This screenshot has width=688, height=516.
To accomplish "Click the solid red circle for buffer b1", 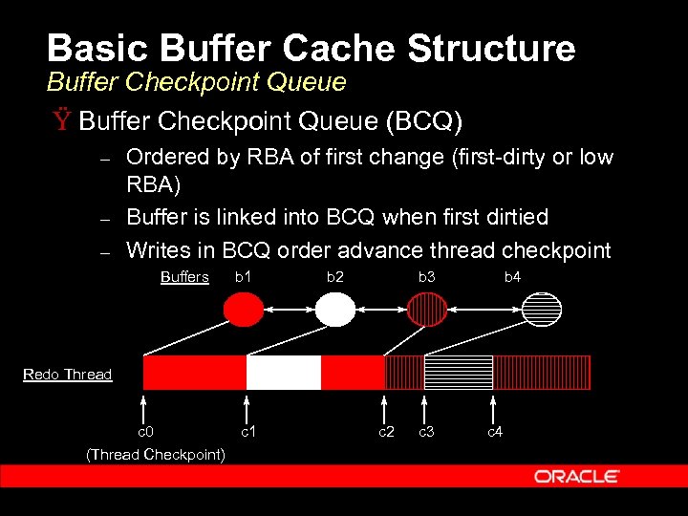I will [x=243, y=310].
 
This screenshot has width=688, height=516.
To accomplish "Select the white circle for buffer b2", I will [x=334, y=310].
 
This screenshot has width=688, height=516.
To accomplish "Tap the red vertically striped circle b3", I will [x=427, y=310].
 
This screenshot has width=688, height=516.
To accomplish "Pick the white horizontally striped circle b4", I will [x=543, y=310].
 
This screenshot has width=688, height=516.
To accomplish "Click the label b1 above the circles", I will [x=244, y=277].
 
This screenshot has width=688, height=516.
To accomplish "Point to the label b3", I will [x=426, y=277].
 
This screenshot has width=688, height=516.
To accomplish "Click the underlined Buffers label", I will [x=184, y=277].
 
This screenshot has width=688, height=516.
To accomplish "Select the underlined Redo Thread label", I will [x=67, y=375].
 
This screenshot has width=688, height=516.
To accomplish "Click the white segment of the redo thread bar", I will [x=283, y=373].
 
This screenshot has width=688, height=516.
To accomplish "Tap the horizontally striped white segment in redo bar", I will [x=458, y=373].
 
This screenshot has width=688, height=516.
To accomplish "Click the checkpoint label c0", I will [x=144, y=432].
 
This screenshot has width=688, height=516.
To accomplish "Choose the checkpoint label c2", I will [x=385, y=432].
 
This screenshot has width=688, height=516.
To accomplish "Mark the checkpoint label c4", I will [x=495, y=432].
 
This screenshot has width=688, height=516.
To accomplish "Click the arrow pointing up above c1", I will [x=247, y=406].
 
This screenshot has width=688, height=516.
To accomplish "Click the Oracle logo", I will [x=576, y=476].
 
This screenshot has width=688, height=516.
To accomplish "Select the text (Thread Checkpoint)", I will [x=156, y=455].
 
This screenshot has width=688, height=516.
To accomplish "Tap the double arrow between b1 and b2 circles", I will [x=289, y=310].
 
